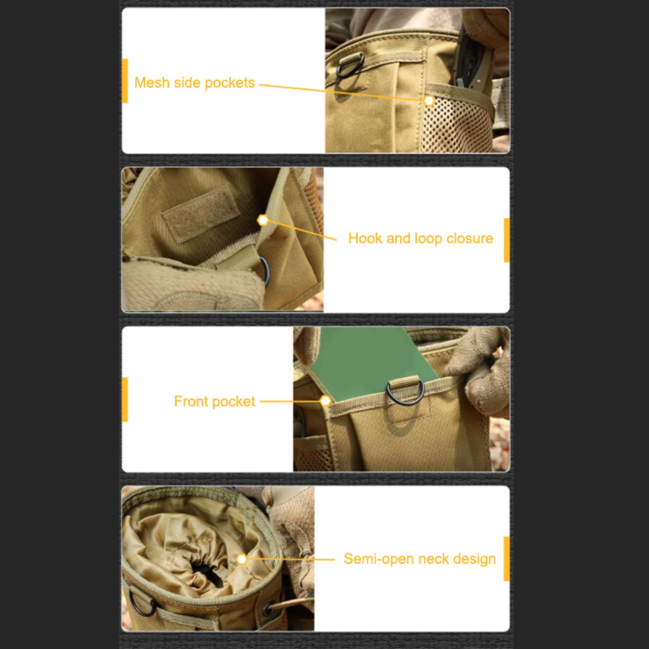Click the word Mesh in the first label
[151, 82]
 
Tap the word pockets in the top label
[230, 83]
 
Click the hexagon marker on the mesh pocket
[429, 100]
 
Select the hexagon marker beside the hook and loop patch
[263, 220]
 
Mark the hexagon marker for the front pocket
[325, 401]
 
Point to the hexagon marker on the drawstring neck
[242, 559]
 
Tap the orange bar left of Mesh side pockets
[125, 81]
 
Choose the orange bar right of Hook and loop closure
[507, 240]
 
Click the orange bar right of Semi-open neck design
[507, 559]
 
